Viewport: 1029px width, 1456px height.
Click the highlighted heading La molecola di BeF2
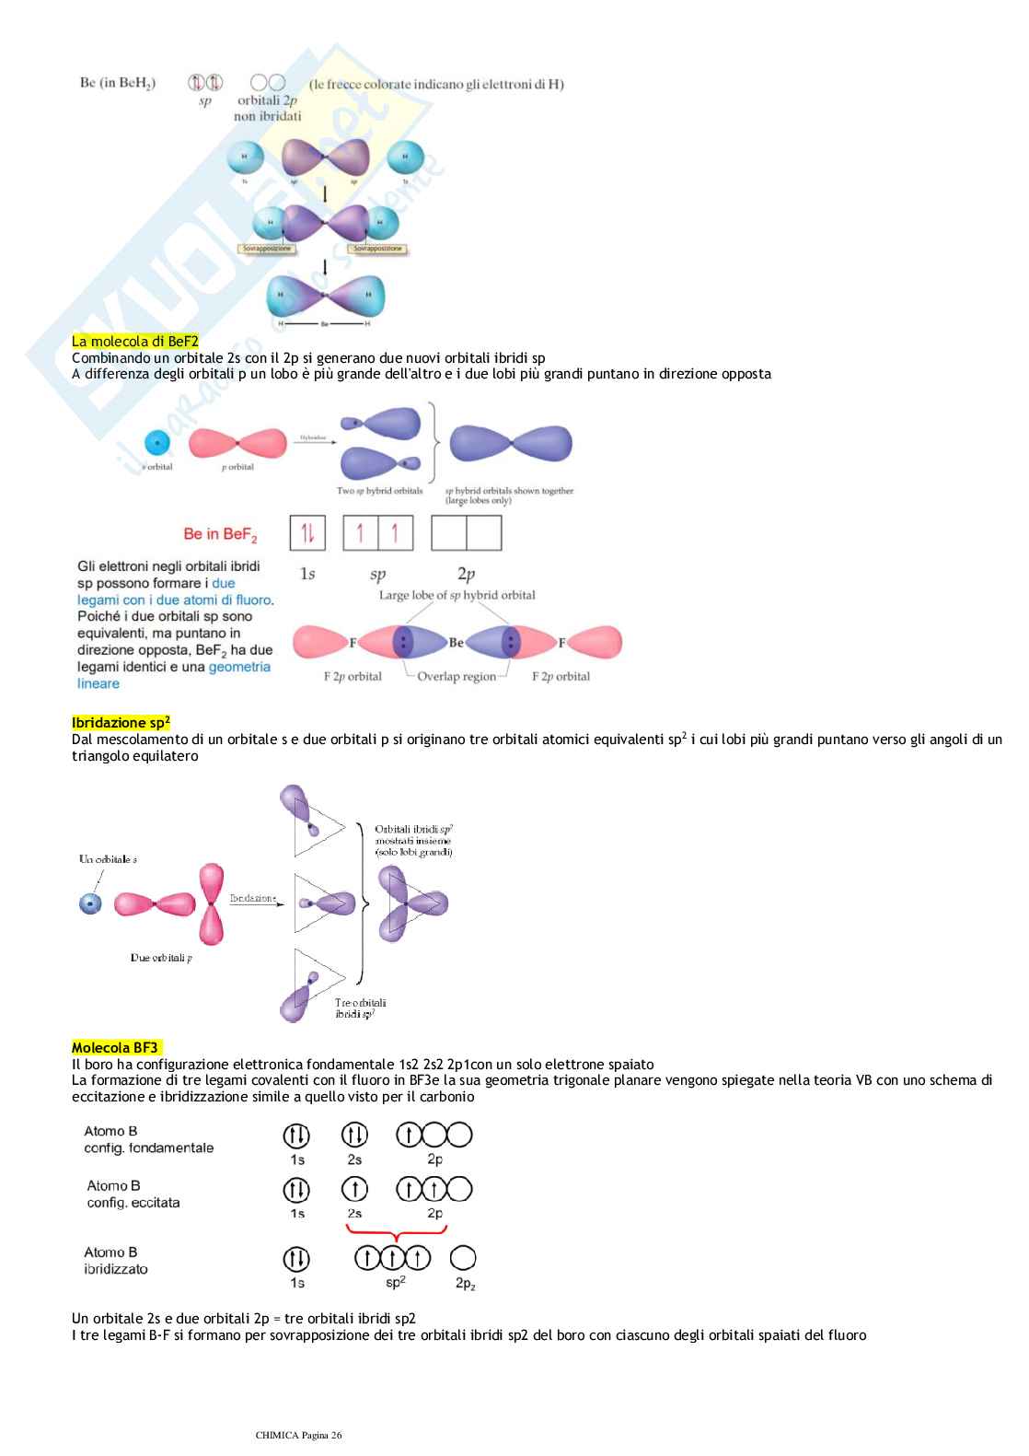(135, 342)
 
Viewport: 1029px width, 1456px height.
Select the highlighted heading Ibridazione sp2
(121, 723)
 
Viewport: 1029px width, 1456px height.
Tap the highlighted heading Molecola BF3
(115, 1048)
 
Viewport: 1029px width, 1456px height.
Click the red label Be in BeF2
(220, 534)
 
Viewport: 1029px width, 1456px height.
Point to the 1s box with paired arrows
(307, 532)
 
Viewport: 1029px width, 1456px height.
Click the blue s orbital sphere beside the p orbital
(157, 443)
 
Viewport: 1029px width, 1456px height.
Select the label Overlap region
(457, 677)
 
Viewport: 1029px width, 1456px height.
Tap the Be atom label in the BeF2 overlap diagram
(457, 643)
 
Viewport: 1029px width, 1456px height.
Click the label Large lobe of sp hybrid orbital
(457, 595)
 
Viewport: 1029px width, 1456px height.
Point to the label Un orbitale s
(108, 859)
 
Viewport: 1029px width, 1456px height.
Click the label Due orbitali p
(161, 958)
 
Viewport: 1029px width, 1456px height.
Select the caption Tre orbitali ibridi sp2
(360, 1008)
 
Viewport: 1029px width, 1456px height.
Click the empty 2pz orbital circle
(463, 1258)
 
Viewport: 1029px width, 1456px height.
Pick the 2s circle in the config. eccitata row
(354, 1190)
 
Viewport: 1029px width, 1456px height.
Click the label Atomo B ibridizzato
(115, 1261)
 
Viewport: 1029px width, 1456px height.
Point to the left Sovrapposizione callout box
(266, 249)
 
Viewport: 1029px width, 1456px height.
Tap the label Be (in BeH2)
(118, 83)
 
